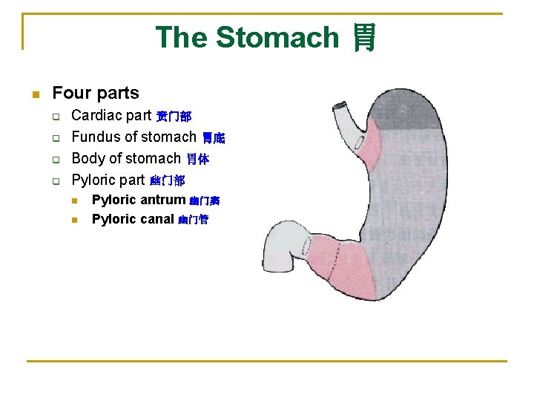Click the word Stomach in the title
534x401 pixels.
tap(277, 37)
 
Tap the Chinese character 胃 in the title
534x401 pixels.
tap(363, 37)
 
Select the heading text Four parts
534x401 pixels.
tap(96, 93)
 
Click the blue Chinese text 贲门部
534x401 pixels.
tap(174, 117)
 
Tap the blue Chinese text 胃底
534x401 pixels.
tap(214, 138)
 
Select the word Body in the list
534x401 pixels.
tap(87, 158)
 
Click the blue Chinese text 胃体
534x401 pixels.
tap(197, 160)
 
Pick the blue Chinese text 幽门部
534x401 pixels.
tap(167, 180)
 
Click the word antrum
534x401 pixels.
tap(162, 200)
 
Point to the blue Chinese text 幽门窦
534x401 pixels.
tap(204, 201)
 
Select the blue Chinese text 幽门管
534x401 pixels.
tap(193, 221)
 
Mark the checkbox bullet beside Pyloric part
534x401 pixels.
tap(54, 180)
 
